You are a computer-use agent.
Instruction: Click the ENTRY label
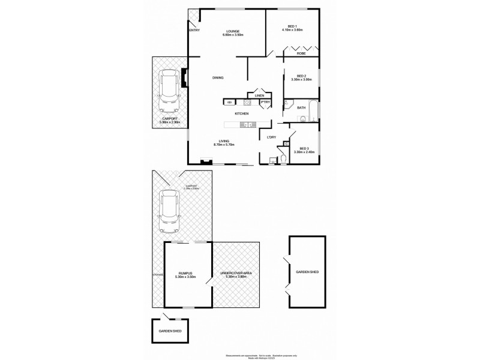[x=194, y=31]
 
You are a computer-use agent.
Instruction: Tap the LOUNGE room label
[x=233, y=31]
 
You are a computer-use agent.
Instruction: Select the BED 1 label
[x=293, y=26]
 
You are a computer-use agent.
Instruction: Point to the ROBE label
[x=301, y=53]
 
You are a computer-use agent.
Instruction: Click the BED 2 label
[x=301, y=76]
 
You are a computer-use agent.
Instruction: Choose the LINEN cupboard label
[x=259, y=95]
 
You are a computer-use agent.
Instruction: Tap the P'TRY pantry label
[x=265, y=103]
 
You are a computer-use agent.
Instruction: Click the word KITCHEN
[x=242, y=113]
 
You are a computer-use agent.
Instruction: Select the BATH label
[x=301, y=108]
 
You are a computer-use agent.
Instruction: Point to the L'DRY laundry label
[x=271, y=137]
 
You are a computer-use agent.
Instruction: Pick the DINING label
[x=218, y=78]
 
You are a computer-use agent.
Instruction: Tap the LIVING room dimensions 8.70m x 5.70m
[x=224, y=145]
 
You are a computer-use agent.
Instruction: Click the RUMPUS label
[x=185, y=273]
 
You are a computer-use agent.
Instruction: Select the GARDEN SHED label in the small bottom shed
[x=170, y=331]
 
